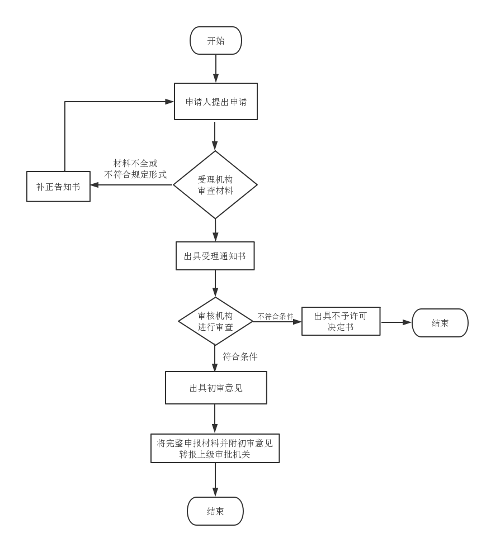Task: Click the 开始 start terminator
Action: coord(215,41)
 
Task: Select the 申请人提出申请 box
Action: coord(215,102)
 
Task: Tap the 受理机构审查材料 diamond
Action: coord(215,185)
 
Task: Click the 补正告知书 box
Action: coord(58,187)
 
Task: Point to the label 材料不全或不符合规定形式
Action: coord(135,169)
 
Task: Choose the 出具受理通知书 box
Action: coord(215,256)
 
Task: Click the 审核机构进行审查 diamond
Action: coord(215,321)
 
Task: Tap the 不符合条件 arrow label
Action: coord(275,317)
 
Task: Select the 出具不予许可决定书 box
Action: coord(341,321)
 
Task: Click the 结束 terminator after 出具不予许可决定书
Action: coord(440,323)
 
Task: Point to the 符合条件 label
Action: coord(240,356)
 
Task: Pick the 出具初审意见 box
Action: coord(216,388)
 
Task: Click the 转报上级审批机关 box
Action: coord(215,449)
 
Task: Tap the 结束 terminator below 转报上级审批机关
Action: coord(215,511)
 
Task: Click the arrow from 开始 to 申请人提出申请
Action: coord(215,68)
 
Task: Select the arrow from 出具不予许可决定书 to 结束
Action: coord(395,322)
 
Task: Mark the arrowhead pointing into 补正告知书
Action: coord(95,185)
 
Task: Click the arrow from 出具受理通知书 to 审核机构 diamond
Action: coord(215,283)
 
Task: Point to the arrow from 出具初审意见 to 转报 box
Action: coord(215,418)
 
